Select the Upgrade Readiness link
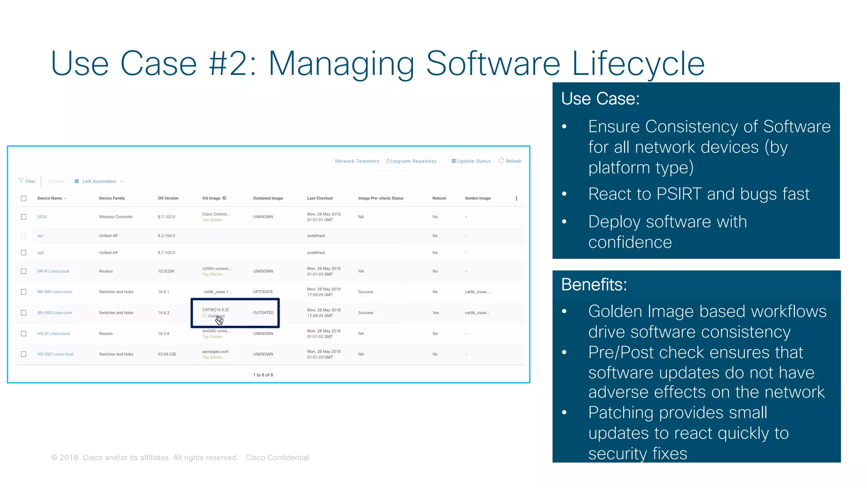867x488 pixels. (x=411, y=161)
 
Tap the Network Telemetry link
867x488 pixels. (x=357, y=161)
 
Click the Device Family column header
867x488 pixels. (x=112, y=198)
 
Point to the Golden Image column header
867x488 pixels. (x=478, y=198)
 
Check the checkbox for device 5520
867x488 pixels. (x=24, y=217)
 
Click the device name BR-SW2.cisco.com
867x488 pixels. (x=55, y=313)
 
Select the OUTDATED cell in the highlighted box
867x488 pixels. (x=263, y=313)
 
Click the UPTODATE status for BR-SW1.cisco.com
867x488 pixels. (x=263, y=292)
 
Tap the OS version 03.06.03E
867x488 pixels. (x=167, y=354)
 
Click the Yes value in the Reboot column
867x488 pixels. (x=436, y=313)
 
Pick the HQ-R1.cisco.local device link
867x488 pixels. (x=53, y=334)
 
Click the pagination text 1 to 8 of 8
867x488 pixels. (x=263, y=375)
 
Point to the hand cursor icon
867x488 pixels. (x=219, y=320)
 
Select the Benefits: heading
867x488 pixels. (x=594, y=285)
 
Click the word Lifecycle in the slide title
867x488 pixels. (x=638, y=64)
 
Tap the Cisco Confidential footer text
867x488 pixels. (x=277, y=457)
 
